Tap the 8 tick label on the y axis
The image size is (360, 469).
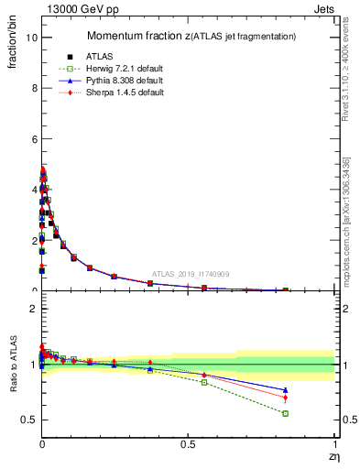pyautogui.click(x=32, y=88)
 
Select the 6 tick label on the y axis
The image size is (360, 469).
pyautogui.click(x=32, y=139)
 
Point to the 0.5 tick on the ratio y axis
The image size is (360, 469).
pyautogui.click(x=27, y=420)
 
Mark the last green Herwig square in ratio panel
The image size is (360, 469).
pyautogui.click(x=285, y=413)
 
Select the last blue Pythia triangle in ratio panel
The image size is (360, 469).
pyautogui.click(x=285, y=389)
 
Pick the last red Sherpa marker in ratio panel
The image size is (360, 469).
pyautogui.click(x=285, y=398)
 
